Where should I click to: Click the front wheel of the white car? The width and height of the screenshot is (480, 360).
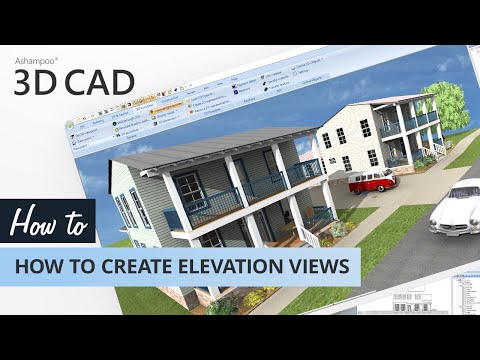441,229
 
